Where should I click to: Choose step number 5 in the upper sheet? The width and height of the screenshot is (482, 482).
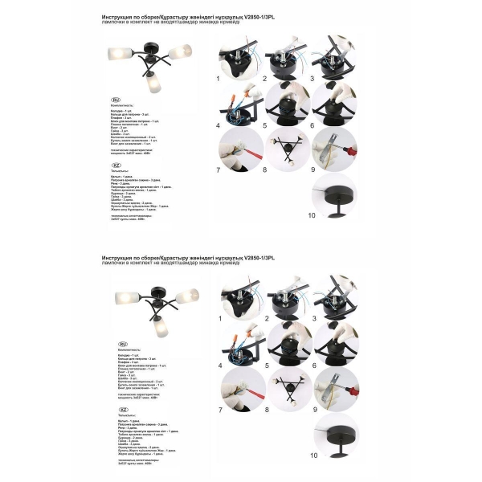265,125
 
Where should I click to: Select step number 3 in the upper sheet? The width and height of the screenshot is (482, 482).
312,80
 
